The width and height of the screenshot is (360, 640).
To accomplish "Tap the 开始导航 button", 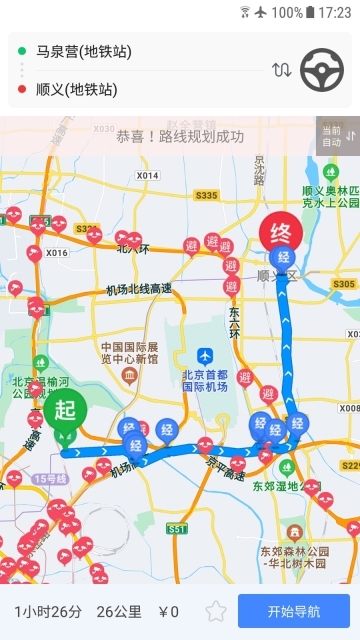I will pyautogui.click(x=293, y=611).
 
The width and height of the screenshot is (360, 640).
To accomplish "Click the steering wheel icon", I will pyautogui.click(x=322, y=70).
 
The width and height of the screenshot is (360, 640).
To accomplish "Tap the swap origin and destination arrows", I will pyautogui.click(x=282, y=70).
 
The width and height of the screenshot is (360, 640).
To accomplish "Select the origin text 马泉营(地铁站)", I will pyautogui.click(x=84, y=51).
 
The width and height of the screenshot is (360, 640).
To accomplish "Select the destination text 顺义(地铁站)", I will pyautogui.click(x=76, y=89).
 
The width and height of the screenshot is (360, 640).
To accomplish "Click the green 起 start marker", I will pyautogui.click(x=65, y=410).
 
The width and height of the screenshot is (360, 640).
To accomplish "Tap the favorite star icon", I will pyautogui.click(x=215, y=611).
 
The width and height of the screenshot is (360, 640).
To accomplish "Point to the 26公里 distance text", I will pyautogui.click(x=118, y=612).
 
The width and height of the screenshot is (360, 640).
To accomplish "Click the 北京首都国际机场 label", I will pyautogui.click(x=204, y=382).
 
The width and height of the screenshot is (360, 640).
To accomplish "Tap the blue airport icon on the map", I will pyautogui.click(x=205, y=356).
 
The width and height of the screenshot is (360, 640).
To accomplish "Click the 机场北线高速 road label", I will pyautogui.click(x=139, y=289).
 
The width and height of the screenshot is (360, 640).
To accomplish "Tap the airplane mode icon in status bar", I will pyautogui.click(x=262, y=12).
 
